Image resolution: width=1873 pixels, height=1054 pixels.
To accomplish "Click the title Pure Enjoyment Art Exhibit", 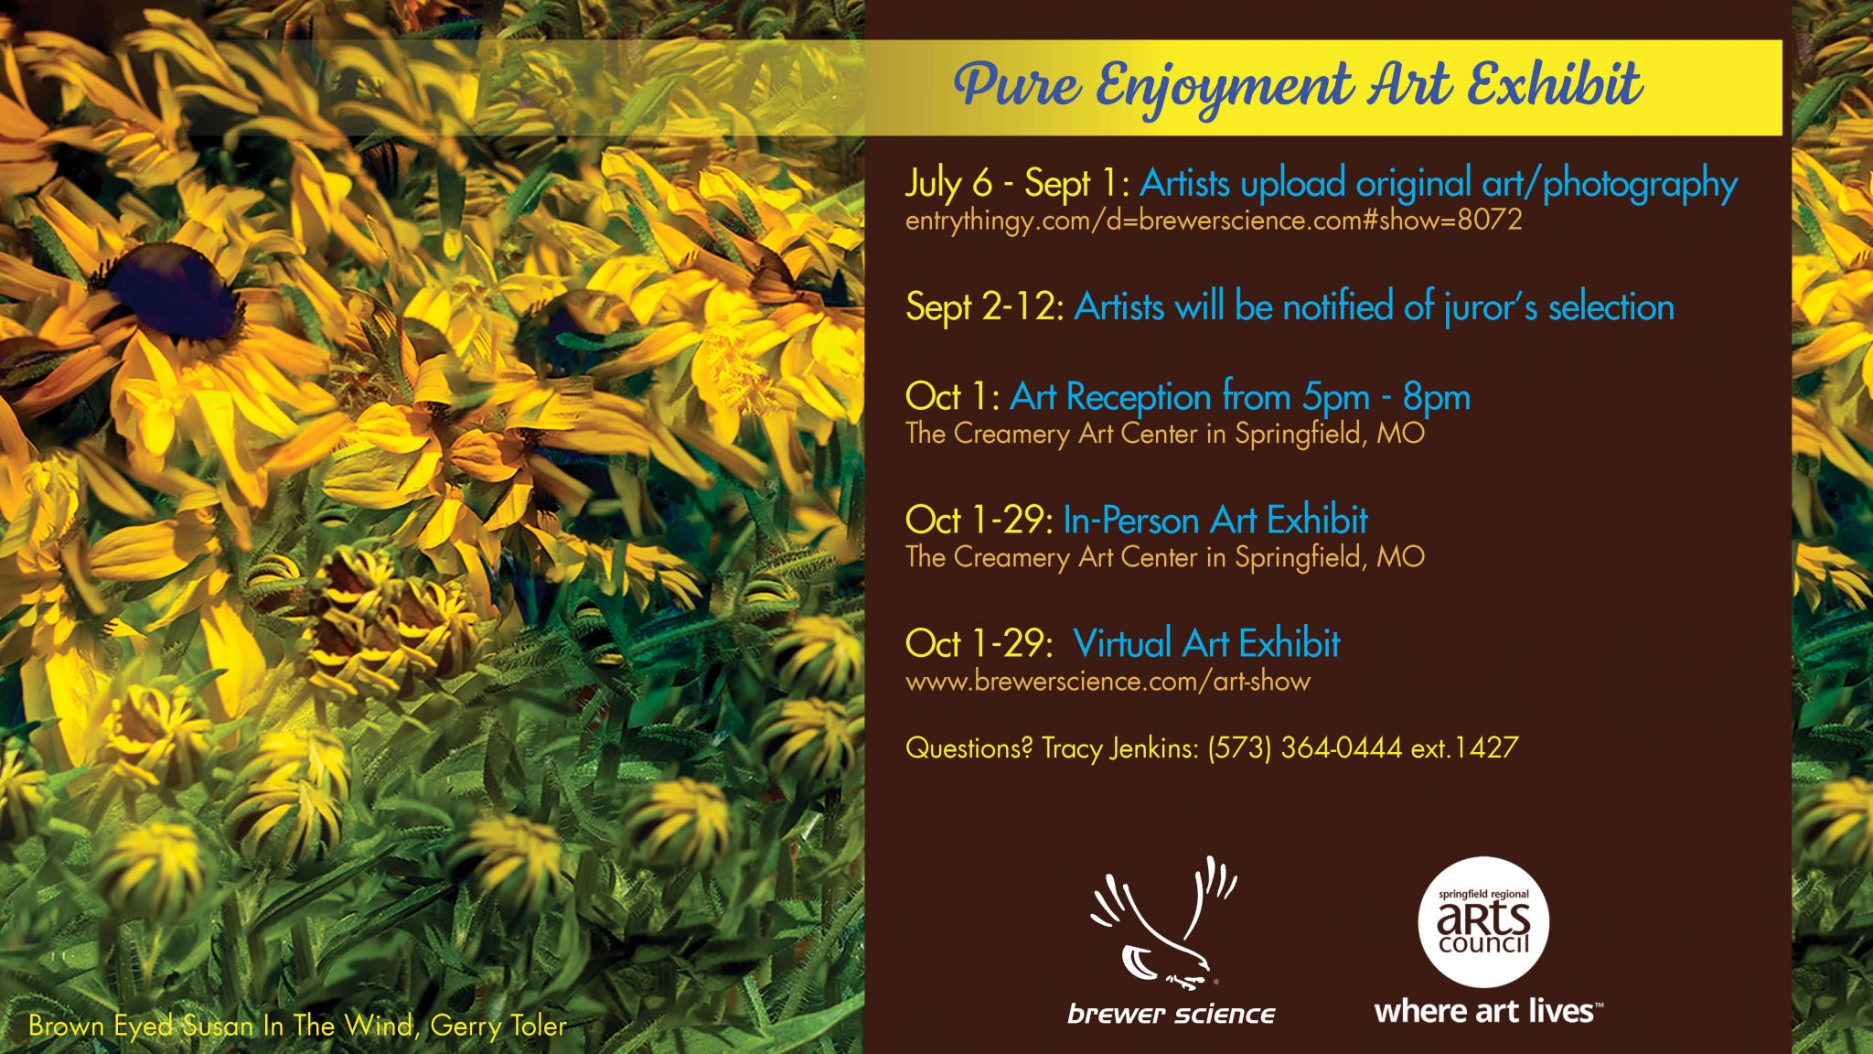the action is [1298, 87].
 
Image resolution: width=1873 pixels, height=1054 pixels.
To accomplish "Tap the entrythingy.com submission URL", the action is [1214, 220].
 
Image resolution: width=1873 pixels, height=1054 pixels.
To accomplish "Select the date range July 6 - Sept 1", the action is [1017, 183].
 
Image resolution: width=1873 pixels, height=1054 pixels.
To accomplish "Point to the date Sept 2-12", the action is [984, 307].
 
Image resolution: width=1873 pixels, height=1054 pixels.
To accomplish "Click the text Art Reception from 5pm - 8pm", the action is [1240, 397].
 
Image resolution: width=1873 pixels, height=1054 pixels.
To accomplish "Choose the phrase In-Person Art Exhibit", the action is [1215, 520].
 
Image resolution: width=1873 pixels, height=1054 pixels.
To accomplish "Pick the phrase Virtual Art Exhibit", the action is [1207, 643].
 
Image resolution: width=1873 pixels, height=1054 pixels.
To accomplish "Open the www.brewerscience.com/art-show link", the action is [1108, 681].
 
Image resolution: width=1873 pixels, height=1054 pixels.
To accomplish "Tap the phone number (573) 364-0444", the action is [1305, 748].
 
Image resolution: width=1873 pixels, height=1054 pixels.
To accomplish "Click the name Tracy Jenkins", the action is [1119, 748].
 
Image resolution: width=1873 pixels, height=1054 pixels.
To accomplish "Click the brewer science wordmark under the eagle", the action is [1172, 1014].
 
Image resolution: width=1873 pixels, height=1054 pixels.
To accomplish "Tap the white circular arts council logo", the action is [1482, 921].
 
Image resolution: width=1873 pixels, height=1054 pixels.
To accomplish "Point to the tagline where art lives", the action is [1488, 1011].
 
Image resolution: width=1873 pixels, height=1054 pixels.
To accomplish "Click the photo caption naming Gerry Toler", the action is [297, 1026].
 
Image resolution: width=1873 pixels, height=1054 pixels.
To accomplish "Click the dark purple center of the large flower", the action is [174, 291].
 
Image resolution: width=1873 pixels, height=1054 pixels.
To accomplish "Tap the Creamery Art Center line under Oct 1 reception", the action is [1165, 433].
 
